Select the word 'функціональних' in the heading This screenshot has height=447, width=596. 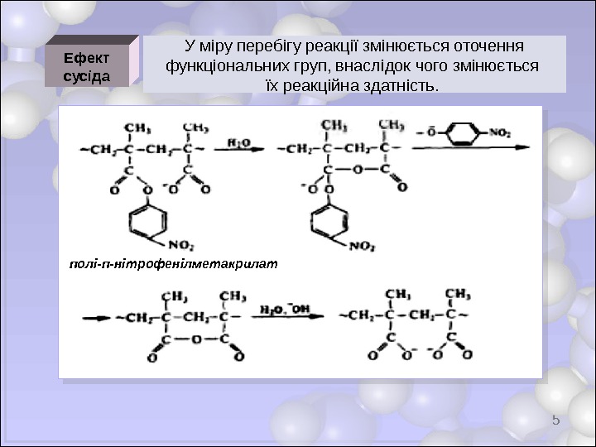tap(223, 65)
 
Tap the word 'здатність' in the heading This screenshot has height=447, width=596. tap(401, 84)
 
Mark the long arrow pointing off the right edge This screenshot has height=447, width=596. tap(468, 148)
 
